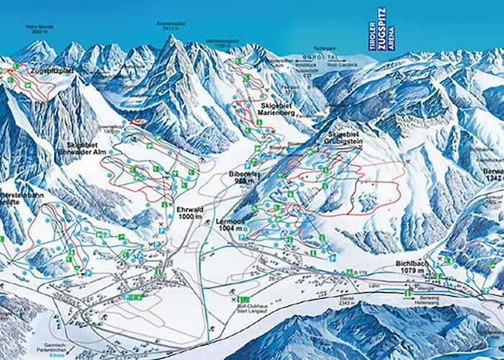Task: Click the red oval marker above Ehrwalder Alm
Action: [138, 122]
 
